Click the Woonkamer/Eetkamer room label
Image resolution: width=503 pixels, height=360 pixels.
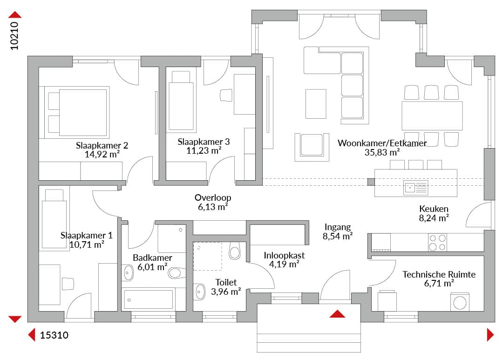(x=382, y=143)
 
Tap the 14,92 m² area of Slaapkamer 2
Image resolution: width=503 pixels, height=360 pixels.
(x=102, y=154)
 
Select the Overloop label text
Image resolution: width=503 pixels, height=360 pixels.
(x=213, y=197)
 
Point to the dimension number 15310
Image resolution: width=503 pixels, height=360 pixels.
(x=54, y=335)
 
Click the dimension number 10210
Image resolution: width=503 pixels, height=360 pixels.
(x=14, y=36)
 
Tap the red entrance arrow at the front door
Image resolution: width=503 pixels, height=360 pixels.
(x=337, y=314)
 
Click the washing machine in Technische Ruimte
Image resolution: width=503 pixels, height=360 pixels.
(x=460, y=302)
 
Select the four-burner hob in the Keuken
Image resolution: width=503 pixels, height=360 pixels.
(x=437, y=242)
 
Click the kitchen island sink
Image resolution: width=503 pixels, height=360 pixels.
(x=415, y=188)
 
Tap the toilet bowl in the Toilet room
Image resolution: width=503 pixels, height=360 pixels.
(x=234, y=251)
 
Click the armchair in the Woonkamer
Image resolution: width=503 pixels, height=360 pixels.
(x=312, y=147)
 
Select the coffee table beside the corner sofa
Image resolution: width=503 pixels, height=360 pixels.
(x=316, y=104)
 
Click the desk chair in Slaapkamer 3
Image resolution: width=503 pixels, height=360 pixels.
(x=226, y=95)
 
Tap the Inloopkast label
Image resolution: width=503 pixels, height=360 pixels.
(x=284, y=255)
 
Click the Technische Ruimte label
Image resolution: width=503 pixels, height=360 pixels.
(x=439, y=274)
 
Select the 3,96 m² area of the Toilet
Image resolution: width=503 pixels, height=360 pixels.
(x=226, y=292)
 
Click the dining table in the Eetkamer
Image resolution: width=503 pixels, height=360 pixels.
(x=432, y=115)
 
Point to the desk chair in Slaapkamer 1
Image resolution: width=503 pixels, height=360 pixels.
(x=68, y=284)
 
